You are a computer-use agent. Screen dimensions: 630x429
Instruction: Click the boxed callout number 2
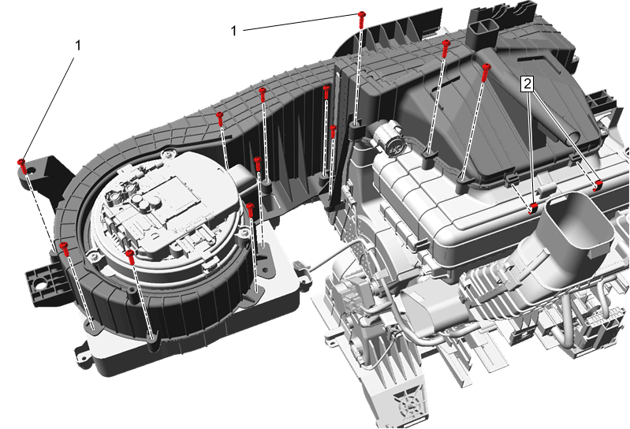(527, 84)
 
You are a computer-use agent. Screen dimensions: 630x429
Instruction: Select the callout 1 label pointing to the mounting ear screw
(78, 46)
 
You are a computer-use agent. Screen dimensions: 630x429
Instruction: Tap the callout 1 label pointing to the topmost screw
(234, 31)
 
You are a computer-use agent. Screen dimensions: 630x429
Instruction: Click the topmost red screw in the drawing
(362, 19)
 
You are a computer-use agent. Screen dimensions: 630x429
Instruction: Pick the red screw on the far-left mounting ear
(22, 166)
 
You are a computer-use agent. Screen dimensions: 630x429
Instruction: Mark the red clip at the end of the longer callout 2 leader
(598, 185)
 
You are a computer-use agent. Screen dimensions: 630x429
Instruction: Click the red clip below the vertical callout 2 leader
(533, 208)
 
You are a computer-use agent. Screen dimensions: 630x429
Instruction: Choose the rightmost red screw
(486, 72)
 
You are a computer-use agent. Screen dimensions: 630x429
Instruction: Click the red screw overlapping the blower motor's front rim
(130, 256)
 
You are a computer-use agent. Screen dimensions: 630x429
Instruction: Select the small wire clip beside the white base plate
(299, 267)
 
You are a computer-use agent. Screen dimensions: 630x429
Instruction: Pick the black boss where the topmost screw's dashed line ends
(355, 130)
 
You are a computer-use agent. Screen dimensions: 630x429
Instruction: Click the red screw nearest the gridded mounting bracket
(65, 249)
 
